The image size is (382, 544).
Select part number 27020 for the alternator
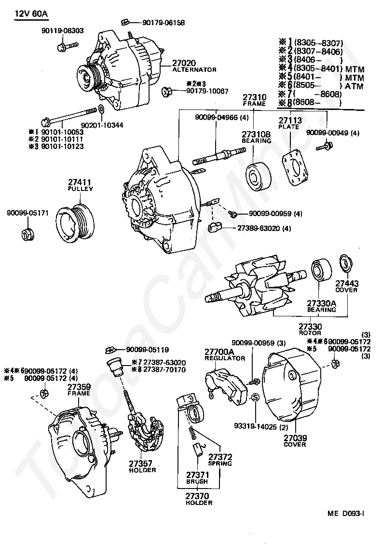coord(184,63)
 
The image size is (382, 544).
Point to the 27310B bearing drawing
coord(256,173)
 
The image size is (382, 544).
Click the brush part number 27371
coord(197,475)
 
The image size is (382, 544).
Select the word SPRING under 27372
coord(220,463)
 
